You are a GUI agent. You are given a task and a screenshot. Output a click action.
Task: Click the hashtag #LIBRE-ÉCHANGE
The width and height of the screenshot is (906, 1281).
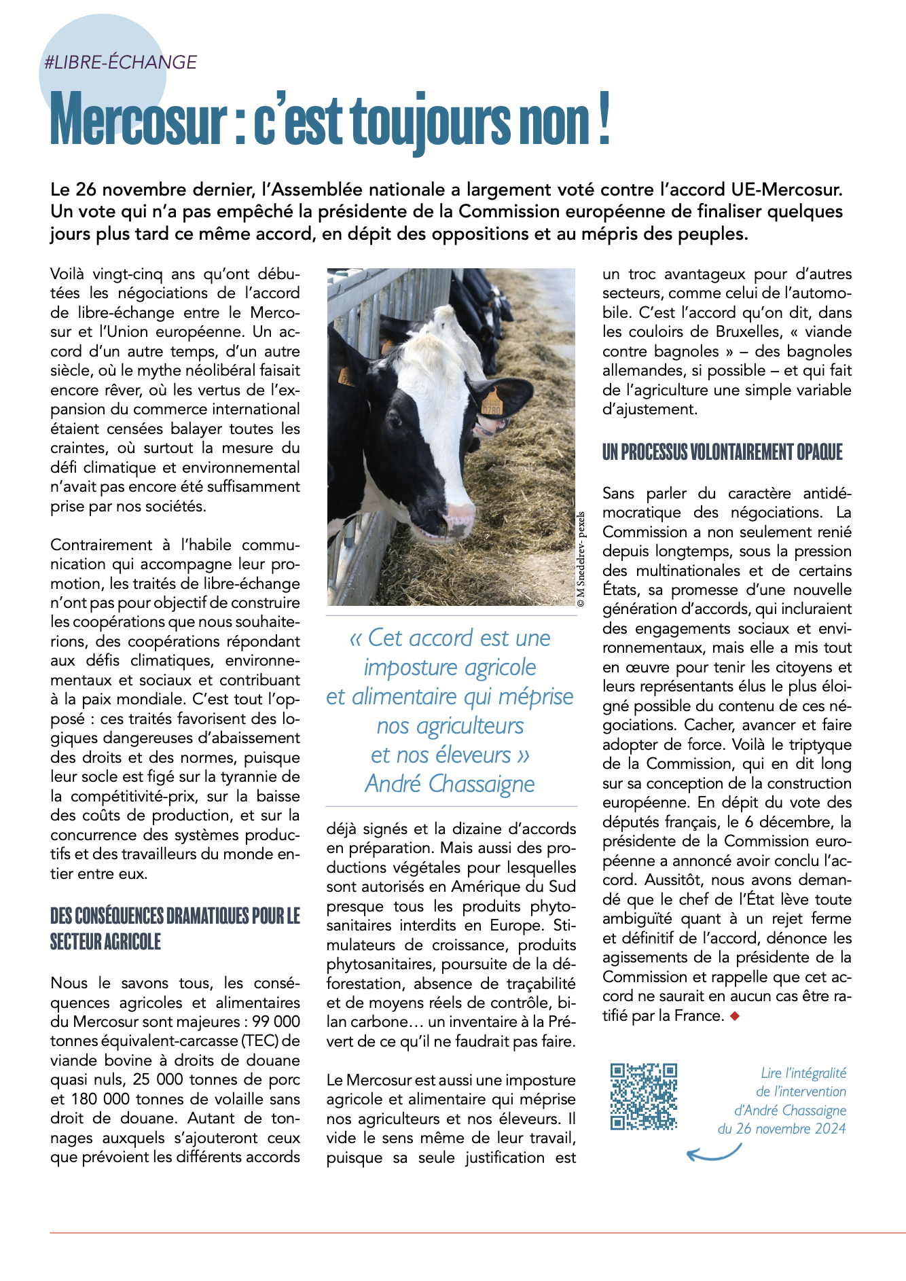pos(120,62)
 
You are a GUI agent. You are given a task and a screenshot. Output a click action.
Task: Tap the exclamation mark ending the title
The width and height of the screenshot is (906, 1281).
pos(604,120)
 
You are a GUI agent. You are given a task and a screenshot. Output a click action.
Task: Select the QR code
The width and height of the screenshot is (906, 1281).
pos(643,1097)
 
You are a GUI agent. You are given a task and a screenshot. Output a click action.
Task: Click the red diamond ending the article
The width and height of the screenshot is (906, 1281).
pos(733,1016)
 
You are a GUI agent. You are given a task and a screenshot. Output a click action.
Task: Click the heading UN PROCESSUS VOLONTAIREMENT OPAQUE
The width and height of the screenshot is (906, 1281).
pos(722,452)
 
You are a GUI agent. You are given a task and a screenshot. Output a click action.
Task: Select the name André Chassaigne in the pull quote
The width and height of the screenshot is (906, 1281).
pos(450,784)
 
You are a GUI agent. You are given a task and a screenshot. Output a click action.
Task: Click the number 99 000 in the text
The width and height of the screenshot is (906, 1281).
pos(276,1022)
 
